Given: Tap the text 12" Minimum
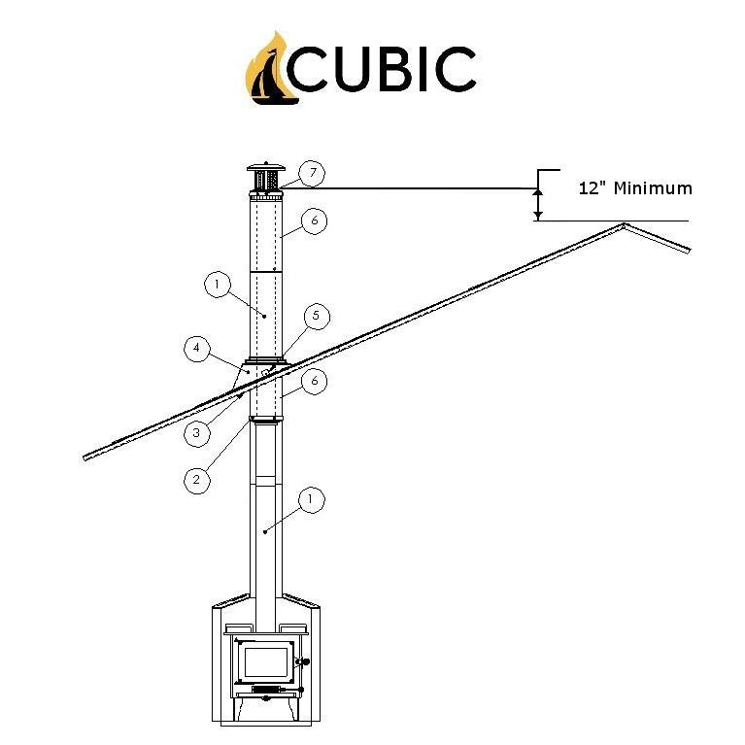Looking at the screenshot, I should point(635,188).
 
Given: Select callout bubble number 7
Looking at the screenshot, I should point(311,174).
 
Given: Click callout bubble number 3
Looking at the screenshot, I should point(196,433).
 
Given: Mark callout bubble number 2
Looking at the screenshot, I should point(196,479).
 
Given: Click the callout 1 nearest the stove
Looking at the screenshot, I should point(311,500).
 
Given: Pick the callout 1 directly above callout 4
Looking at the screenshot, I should point(216,285).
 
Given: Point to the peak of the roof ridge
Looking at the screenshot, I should point(624,225).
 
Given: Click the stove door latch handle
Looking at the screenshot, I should point(304,664).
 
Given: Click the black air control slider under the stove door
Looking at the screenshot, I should point(265,690).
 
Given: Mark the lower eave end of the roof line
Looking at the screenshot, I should point(87,456).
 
